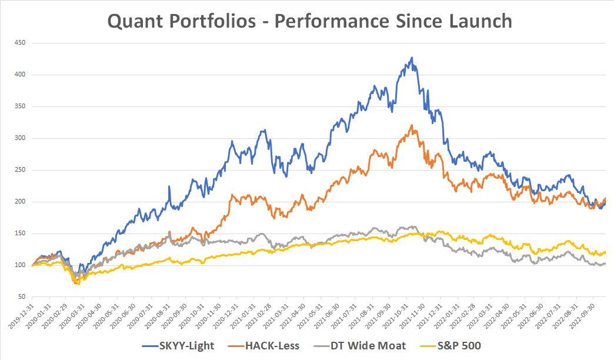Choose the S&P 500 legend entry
[x=457, y=346]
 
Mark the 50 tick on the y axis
[x=24, y=297]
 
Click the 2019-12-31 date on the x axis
[x=22, y=318]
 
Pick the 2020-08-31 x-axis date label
[x=159, y=318]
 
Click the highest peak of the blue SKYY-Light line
[x=412, y=57]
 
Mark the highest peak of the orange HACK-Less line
[x=412, y=125]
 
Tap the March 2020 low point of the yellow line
[x=78, y=284]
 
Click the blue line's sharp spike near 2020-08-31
[x=169, y=186]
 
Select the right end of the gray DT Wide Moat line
[x=605, y=264]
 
